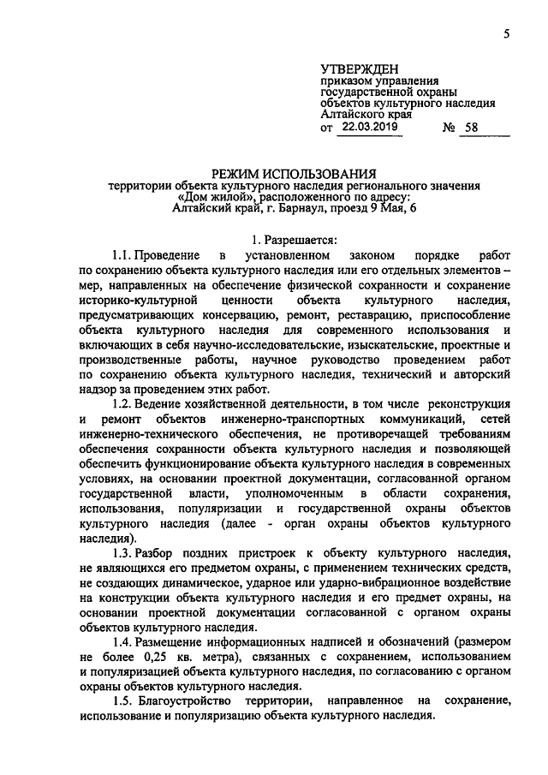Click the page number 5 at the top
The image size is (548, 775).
point(506,33)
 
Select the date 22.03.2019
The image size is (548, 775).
point(369,127)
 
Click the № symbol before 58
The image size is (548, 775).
point(449,128)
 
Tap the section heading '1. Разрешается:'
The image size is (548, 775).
point(294,241)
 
